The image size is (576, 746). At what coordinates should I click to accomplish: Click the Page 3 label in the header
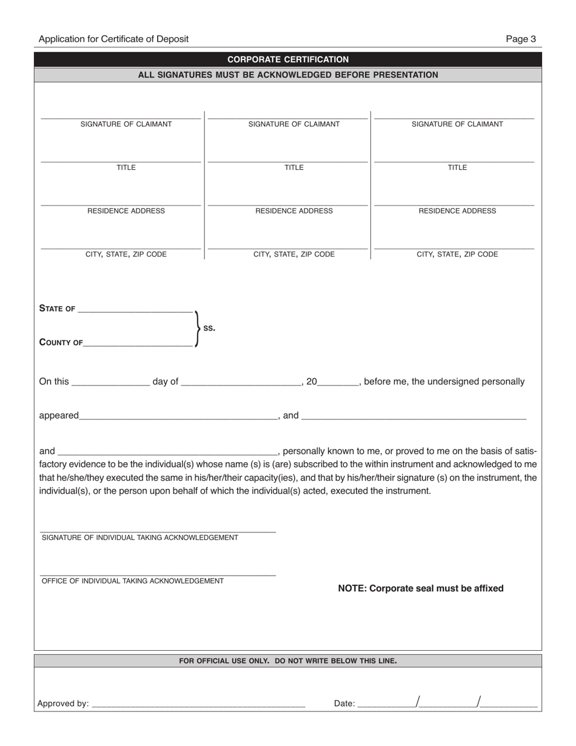tap(521, 39)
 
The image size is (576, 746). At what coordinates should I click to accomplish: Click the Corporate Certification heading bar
tap(288, 59)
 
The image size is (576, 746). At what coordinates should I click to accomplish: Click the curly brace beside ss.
tap(196, 328)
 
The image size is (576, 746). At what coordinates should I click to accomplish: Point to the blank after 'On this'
tap(110, 383)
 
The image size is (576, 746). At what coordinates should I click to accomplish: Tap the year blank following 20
tap(339, 383)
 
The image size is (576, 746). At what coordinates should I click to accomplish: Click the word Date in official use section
tap(344, 704)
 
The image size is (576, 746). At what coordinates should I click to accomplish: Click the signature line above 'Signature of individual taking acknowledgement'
tap(158, 531)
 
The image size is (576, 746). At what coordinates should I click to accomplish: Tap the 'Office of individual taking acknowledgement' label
tap(133, 581)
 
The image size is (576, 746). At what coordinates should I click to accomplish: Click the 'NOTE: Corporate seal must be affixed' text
tap(420, 588)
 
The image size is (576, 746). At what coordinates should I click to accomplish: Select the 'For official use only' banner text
tap(288, 661)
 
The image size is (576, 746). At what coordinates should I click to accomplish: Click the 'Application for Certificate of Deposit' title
tap(113, 39)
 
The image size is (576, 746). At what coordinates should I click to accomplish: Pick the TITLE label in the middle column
tap(294, 168)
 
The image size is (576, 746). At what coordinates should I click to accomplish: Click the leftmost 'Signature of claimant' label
tap(126, 124)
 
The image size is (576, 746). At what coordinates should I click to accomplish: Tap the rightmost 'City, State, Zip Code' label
tap(457, 255)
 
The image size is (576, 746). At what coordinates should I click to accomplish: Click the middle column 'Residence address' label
tap(294, 211)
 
